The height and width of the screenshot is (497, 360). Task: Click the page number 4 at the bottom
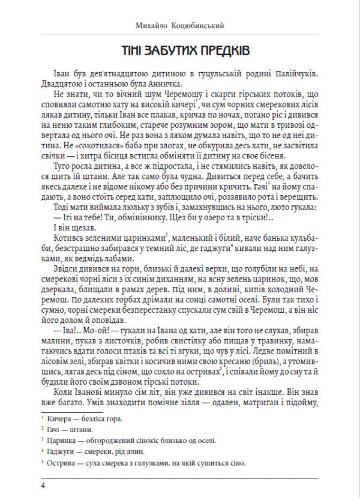point(43,485)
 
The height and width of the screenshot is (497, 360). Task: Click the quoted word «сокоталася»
point(91,146)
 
